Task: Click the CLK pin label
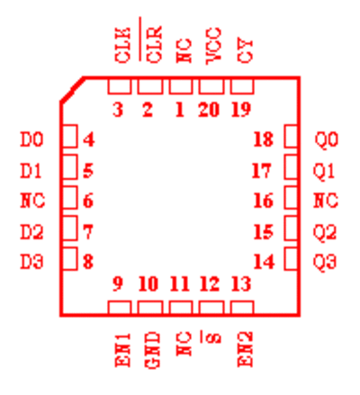(x=123, y=45)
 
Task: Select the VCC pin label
(x=214, y=46)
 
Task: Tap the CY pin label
(x=245, y=51)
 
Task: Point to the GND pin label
(x=153, y=350)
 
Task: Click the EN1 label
(x=123, y=350)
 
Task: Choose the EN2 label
(x=245, y=349)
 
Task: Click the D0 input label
(x=31, y=139)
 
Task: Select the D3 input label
(x=31, y=261)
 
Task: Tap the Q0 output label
(x=327, y=139)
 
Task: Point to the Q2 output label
(x=325, y=232)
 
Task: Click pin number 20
(x=209, y=110)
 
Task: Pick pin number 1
(x=179, y=110)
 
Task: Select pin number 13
(x=241, y=283)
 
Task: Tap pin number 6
(x=88, y=201)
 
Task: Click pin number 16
(x=264, y=201)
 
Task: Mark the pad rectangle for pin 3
(x=120, y=86)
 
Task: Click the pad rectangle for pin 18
(x=291, y=137)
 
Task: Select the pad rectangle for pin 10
(x=150, y=308)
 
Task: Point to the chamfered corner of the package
(x=72, y=89)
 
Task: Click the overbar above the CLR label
(x=140, y=39)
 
